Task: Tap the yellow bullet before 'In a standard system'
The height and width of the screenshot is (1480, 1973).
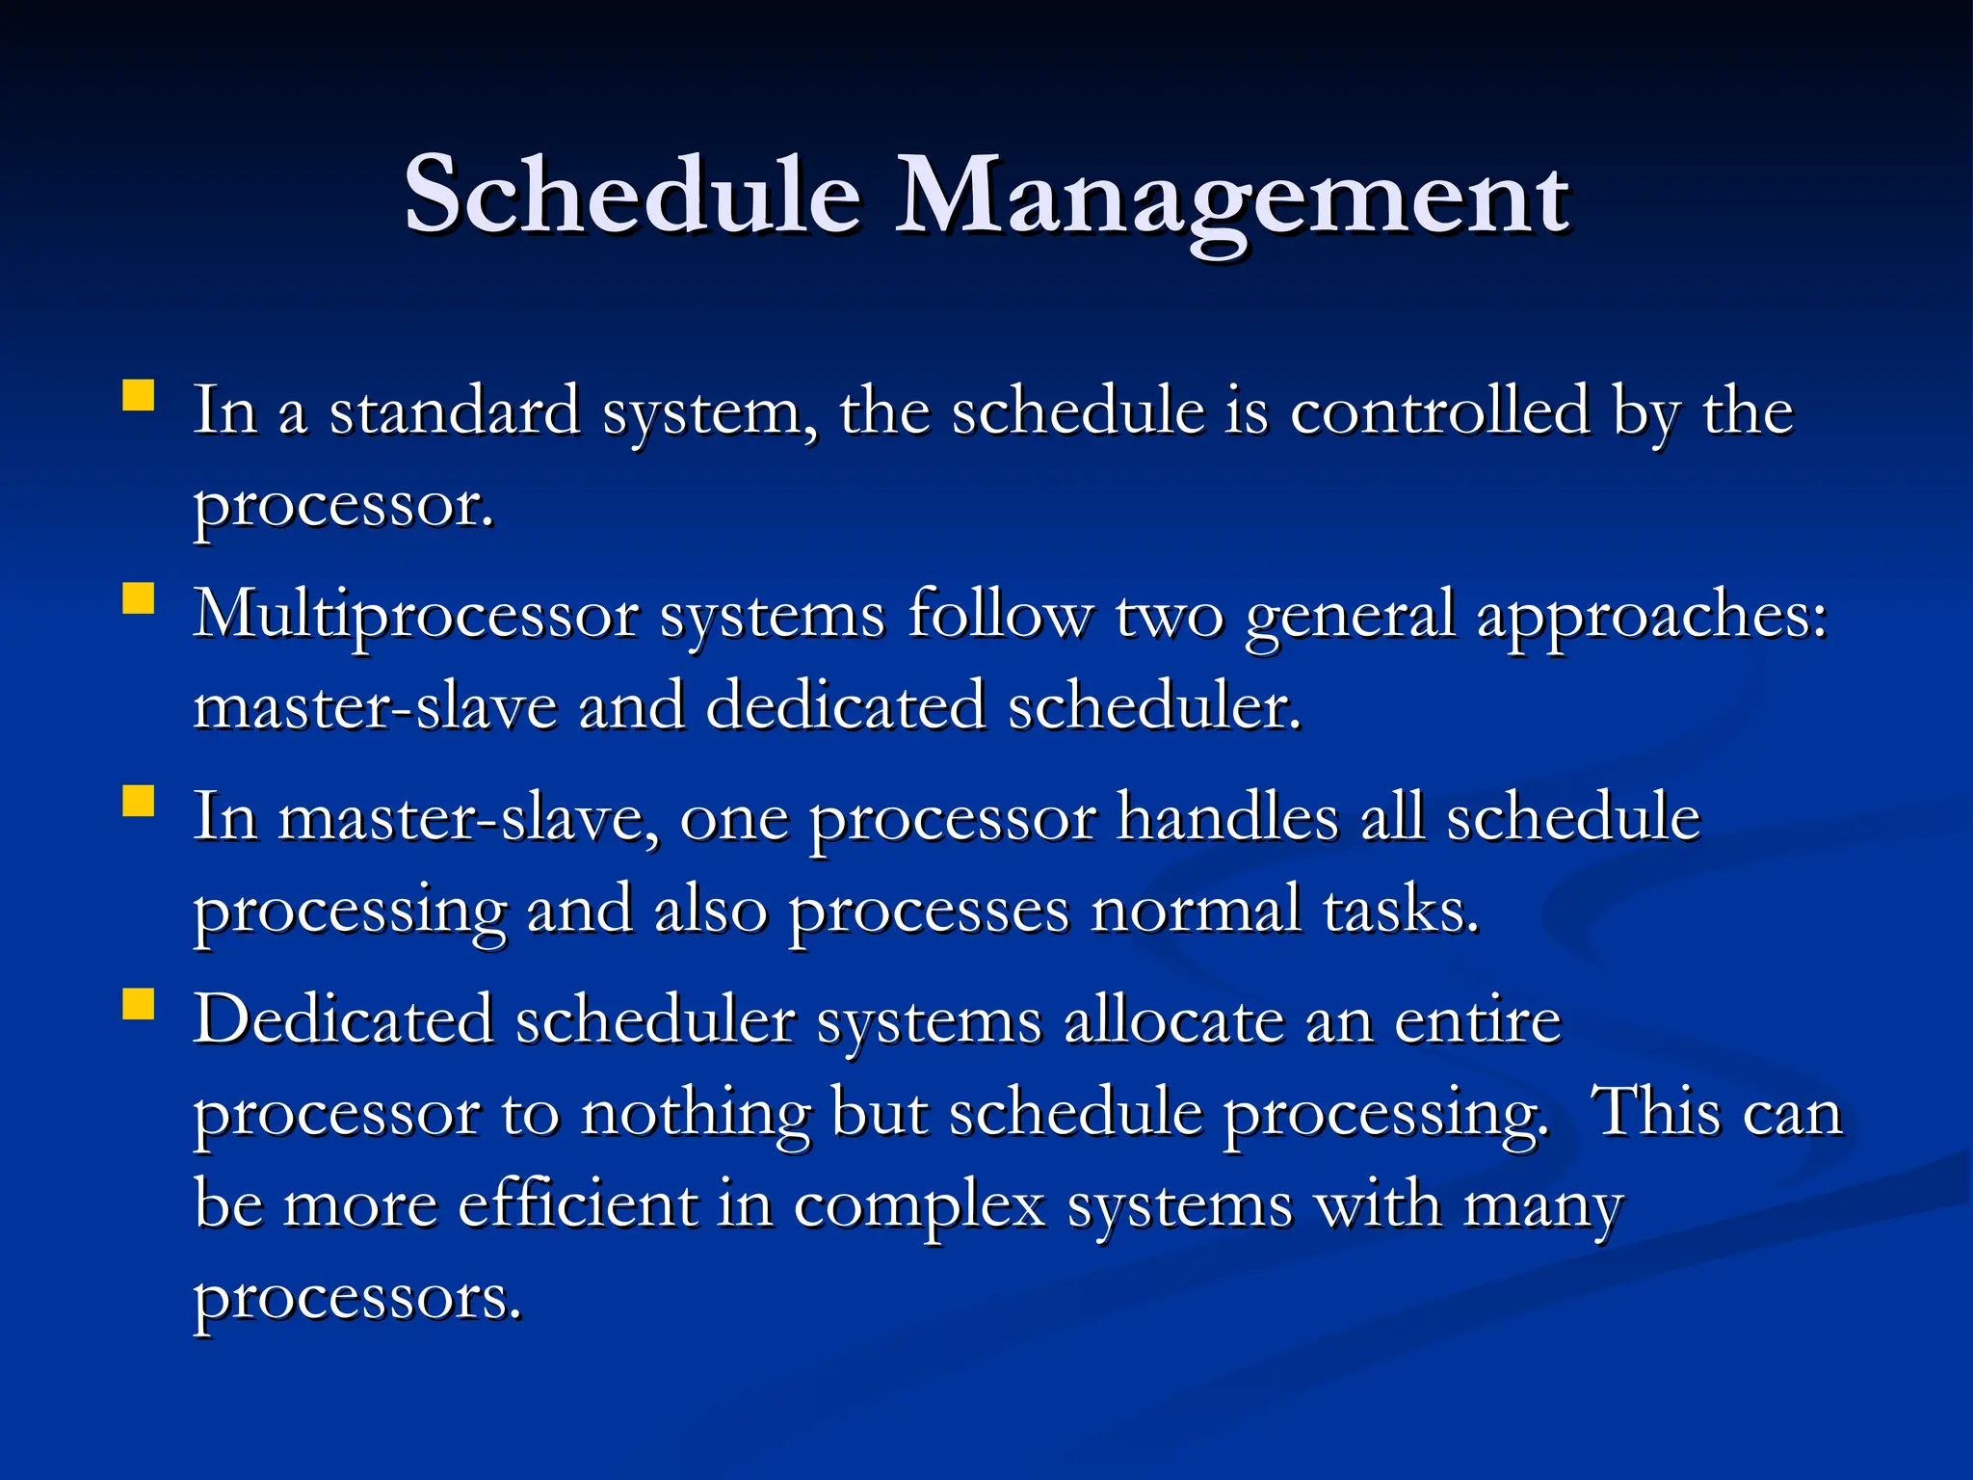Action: coord(139,396)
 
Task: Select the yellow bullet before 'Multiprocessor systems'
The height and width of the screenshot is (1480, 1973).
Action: coord(139,598)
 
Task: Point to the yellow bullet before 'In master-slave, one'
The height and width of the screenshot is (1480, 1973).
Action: coord(139,801)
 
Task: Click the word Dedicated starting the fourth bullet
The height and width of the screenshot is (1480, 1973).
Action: coord(343,1020)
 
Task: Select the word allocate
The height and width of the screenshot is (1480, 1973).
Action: coord(1173,1020)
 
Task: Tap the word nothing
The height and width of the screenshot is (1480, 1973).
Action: coord(696,1113)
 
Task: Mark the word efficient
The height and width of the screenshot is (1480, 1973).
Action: coord(578,1204)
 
